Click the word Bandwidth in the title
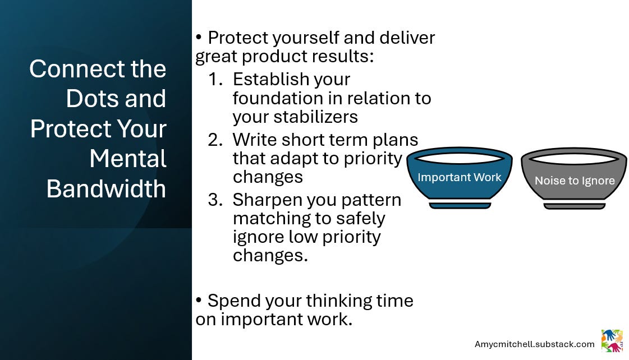click(x=106, y=188)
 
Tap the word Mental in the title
click(x=128, y=158)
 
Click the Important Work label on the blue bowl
click(x=460, y=177)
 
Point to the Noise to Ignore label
click(x=575, y=181)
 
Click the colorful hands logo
click(x=612, y=341)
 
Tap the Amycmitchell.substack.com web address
click(x=534, y=344)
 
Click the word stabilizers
click(x=315, y=117)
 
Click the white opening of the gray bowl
click(x=574, y=159)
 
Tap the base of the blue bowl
click(x=460, y=205)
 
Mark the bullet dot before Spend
click(x=199, y=300)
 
